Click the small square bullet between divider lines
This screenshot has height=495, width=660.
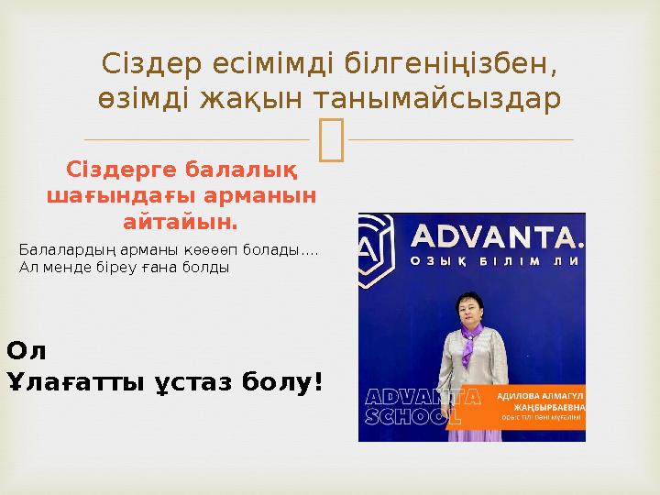coord(330,139)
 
